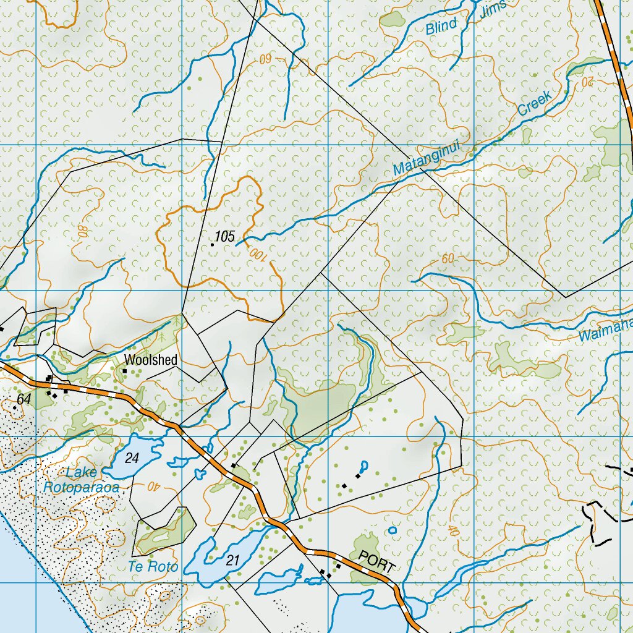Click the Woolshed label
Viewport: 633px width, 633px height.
coord(150,360)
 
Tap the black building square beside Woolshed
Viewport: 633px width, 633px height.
coord(124,371)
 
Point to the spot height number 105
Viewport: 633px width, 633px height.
coord(226,237)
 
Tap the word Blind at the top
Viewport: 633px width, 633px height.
coord(441,26)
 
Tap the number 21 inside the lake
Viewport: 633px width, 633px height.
coord(232,561)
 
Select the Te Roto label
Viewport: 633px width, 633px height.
coord(153,566)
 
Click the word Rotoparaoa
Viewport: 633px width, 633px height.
coord(81,487)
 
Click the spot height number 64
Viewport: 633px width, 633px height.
coord(23,400)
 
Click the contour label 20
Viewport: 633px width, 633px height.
coord(587,80)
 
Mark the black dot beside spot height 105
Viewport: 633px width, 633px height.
coord(212,245)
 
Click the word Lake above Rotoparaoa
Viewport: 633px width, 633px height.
coord(82,473)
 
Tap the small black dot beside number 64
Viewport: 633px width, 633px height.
coord(14,408)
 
